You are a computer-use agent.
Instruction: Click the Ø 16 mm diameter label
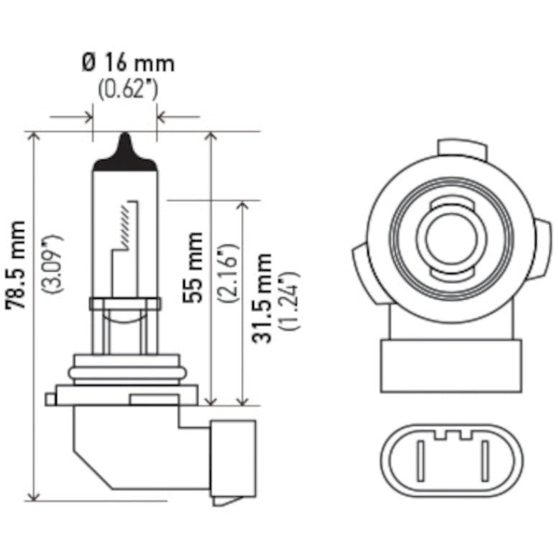coord(128,63)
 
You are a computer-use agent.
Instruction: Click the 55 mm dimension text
coord(192,267)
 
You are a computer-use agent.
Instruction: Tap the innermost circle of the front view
coord(451,237)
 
